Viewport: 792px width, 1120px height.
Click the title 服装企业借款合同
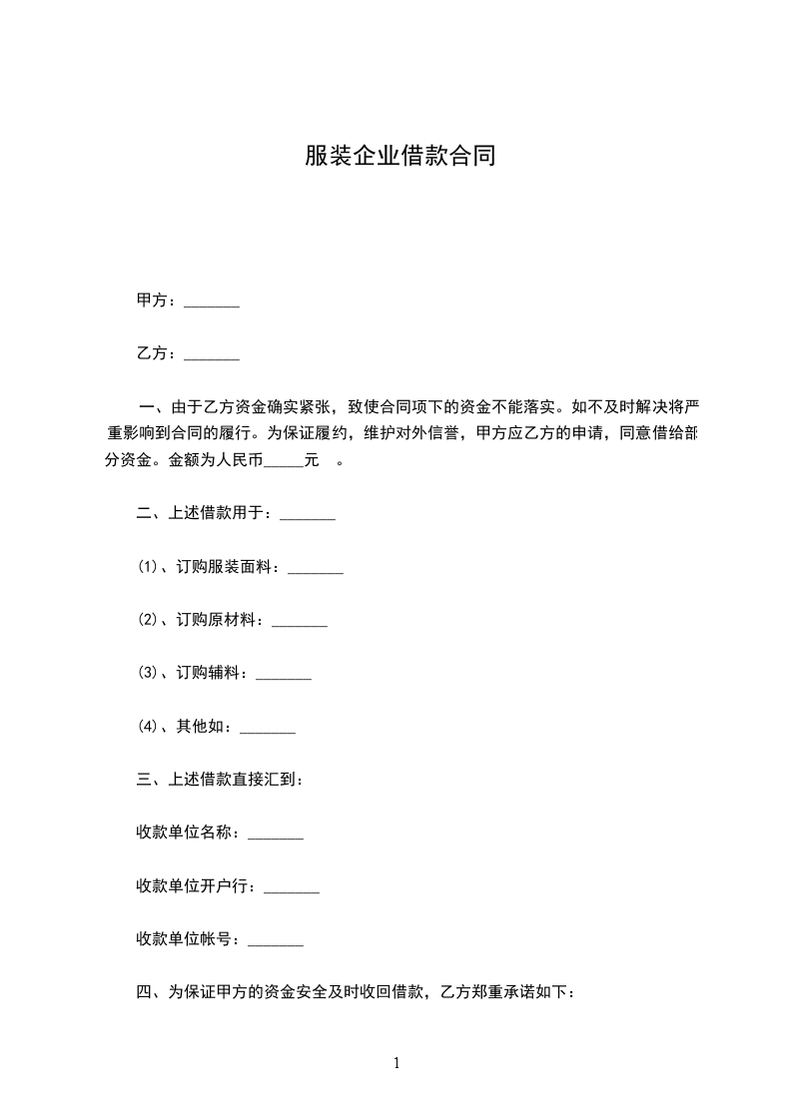[399, 157]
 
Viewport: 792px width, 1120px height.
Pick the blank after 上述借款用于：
[308, 517]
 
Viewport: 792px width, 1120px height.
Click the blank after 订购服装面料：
[316, 571]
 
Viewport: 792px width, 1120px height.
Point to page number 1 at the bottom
[396, 1063]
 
